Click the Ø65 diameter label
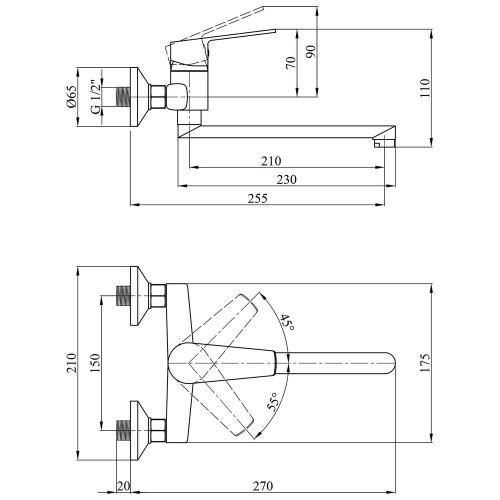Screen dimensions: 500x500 (72, 97)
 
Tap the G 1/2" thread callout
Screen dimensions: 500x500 (95, 97)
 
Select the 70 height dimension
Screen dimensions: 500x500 (291, 63)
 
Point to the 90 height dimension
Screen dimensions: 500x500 (311, 52)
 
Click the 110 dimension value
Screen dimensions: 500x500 (425, 88)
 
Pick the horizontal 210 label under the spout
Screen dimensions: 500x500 (271, 161)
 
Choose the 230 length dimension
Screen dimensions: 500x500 (286, 180)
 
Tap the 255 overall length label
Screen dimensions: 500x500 (257, 198)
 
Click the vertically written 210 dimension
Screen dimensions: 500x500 (72, 363)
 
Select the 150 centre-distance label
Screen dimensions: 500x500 (95, 363)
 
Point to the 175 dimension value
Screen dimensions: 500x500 (425, 363)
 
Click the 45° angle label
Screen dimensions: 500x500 (286, 323)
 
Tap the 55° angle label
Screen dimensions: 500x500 (272, 401)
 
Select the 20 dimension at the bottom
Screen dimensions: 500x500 (123, 486)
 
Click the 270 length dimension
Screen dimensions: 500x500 (263, 486)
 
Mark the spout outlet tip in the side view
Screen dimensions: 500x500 (384, 143)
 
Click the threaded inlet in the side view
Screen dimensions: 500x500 (123, 97)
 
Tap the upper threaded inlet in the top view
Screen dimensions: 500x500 (123, 295)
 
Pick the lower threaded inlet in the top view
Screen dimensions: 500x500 (123, 430)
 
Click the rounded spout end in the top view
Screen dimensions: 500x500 (389, 363)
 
